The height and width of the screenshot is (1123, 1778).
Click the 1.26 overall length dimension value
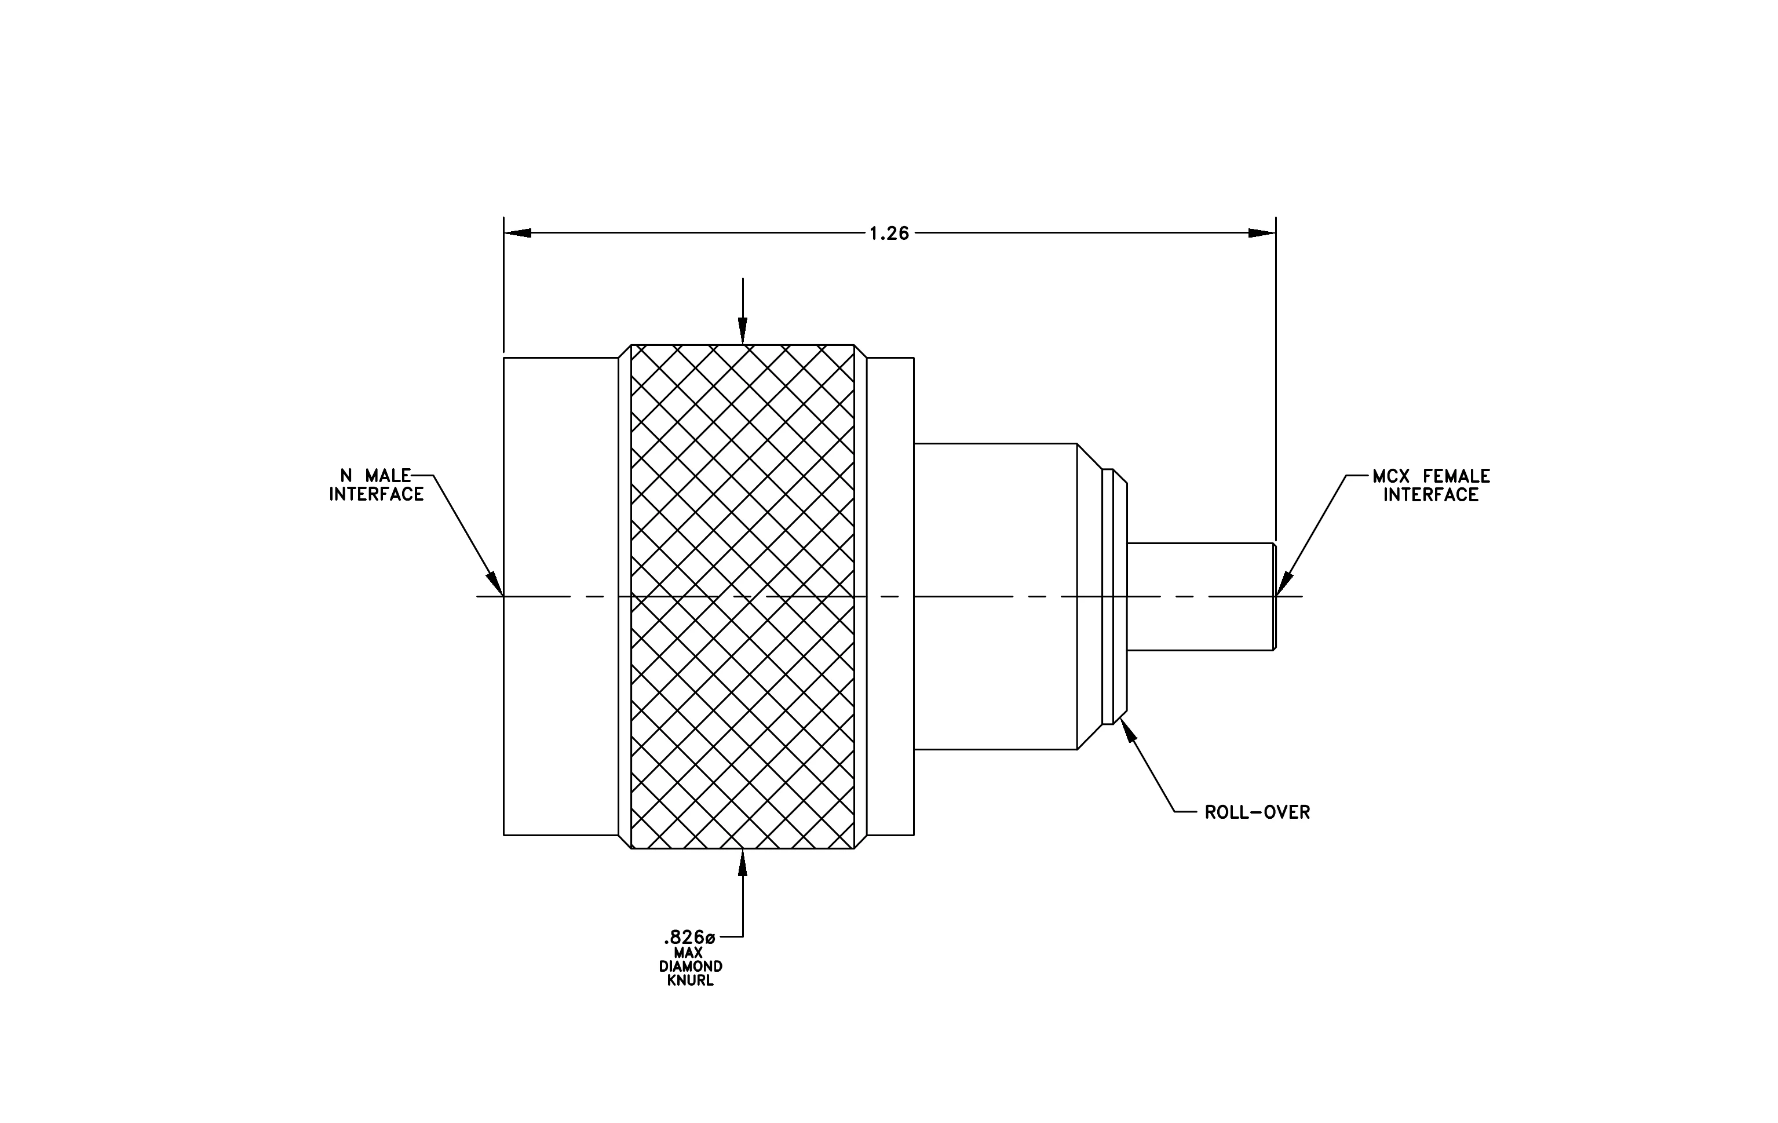click(889, 234)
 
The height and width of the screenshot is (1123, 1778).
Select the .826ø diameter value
click(689, 938)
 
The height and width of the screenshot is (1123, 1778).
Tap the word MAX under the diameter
click(688, 953)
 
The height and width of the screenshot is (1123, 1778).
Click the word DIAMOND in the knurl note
click(691, 967)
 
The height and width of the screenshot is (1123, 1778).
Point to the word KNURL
click(691, 980)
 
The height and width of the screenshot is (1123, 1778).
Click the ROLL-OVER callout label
click(1257, 812)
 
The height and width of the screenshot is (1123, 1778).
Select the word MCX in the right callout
click(1392, 476)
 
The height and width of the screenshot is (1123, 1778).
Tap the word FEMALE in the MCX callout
click(1457, 476)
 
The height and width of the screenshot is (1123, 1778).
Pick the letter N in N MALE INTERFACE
click(345, 476)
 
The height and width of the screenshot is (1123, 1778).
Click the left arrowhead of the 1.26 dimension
click(517, 232)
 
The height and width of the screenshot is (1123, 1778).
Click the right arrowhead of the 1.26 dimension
click(1262, 232)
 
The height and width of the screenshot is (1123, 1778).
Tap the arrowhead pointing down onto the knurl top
click(743, 331)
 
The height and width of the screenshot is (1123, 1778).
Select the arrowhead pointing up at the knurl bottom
click(743, 862)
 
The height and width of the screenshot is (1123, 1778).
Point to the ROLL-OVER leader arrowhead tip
click(1122, 717)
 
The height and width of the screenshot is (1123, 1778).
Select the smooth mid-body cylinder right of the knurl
click(995, 597)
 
